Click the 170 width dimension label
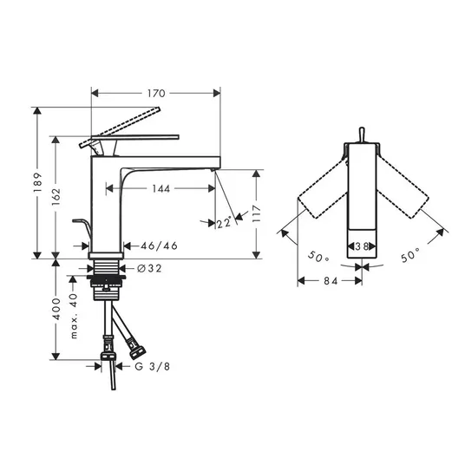156,94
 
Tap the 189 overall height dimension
37,182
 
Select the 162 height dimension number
56,197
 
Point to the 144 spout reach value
161,188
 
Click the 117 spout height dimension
256,213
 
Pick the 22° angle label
224,222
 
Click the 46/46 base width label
159,246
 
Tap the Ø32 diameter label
149,268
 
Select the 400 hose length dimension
56,309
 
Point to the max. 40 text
73,316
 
